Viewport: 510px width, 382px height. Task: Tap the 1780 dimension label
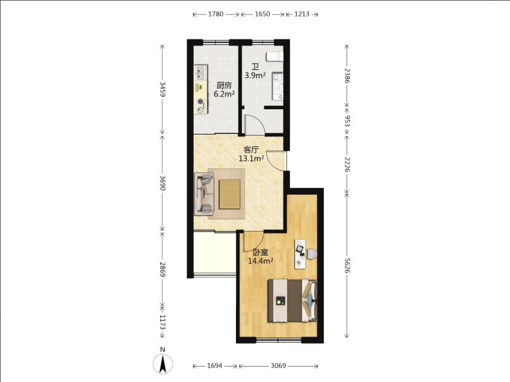point(215,14)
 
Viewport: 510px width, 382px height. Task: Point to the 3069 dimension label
point(278,366)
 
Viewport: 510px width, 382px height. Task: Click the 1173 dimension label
point(162,322)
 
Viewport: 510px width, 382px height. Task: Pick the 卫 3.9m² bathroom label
point(256,71)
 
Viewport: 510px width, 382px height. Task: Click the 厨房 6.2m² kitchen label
point(224,90)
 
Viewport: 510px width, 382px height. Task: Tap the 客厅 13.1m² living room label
point(251,154)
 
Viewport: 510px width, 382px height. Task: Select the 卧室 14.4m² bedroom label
point(260,257)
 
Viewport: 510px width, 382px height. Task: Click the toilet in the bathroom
point(275,57)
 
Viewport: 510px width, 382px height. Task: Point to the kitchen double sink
point(201,73)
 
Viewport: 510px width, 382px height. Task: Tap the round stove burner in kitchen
point(200,101)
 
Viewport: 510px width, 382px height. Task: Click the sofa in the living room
point(204,194)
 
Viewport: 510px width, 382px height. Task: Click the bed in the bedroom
point(292,301)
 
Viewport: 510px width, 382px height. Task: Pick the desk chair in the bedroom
point(312,254)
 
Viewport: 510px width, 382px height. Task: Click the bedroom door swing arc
point(257,241)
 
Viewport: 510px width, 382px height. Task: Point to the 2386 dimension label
point(347,76)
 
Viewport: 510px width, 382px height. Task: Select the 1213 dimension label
point(302,14)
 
